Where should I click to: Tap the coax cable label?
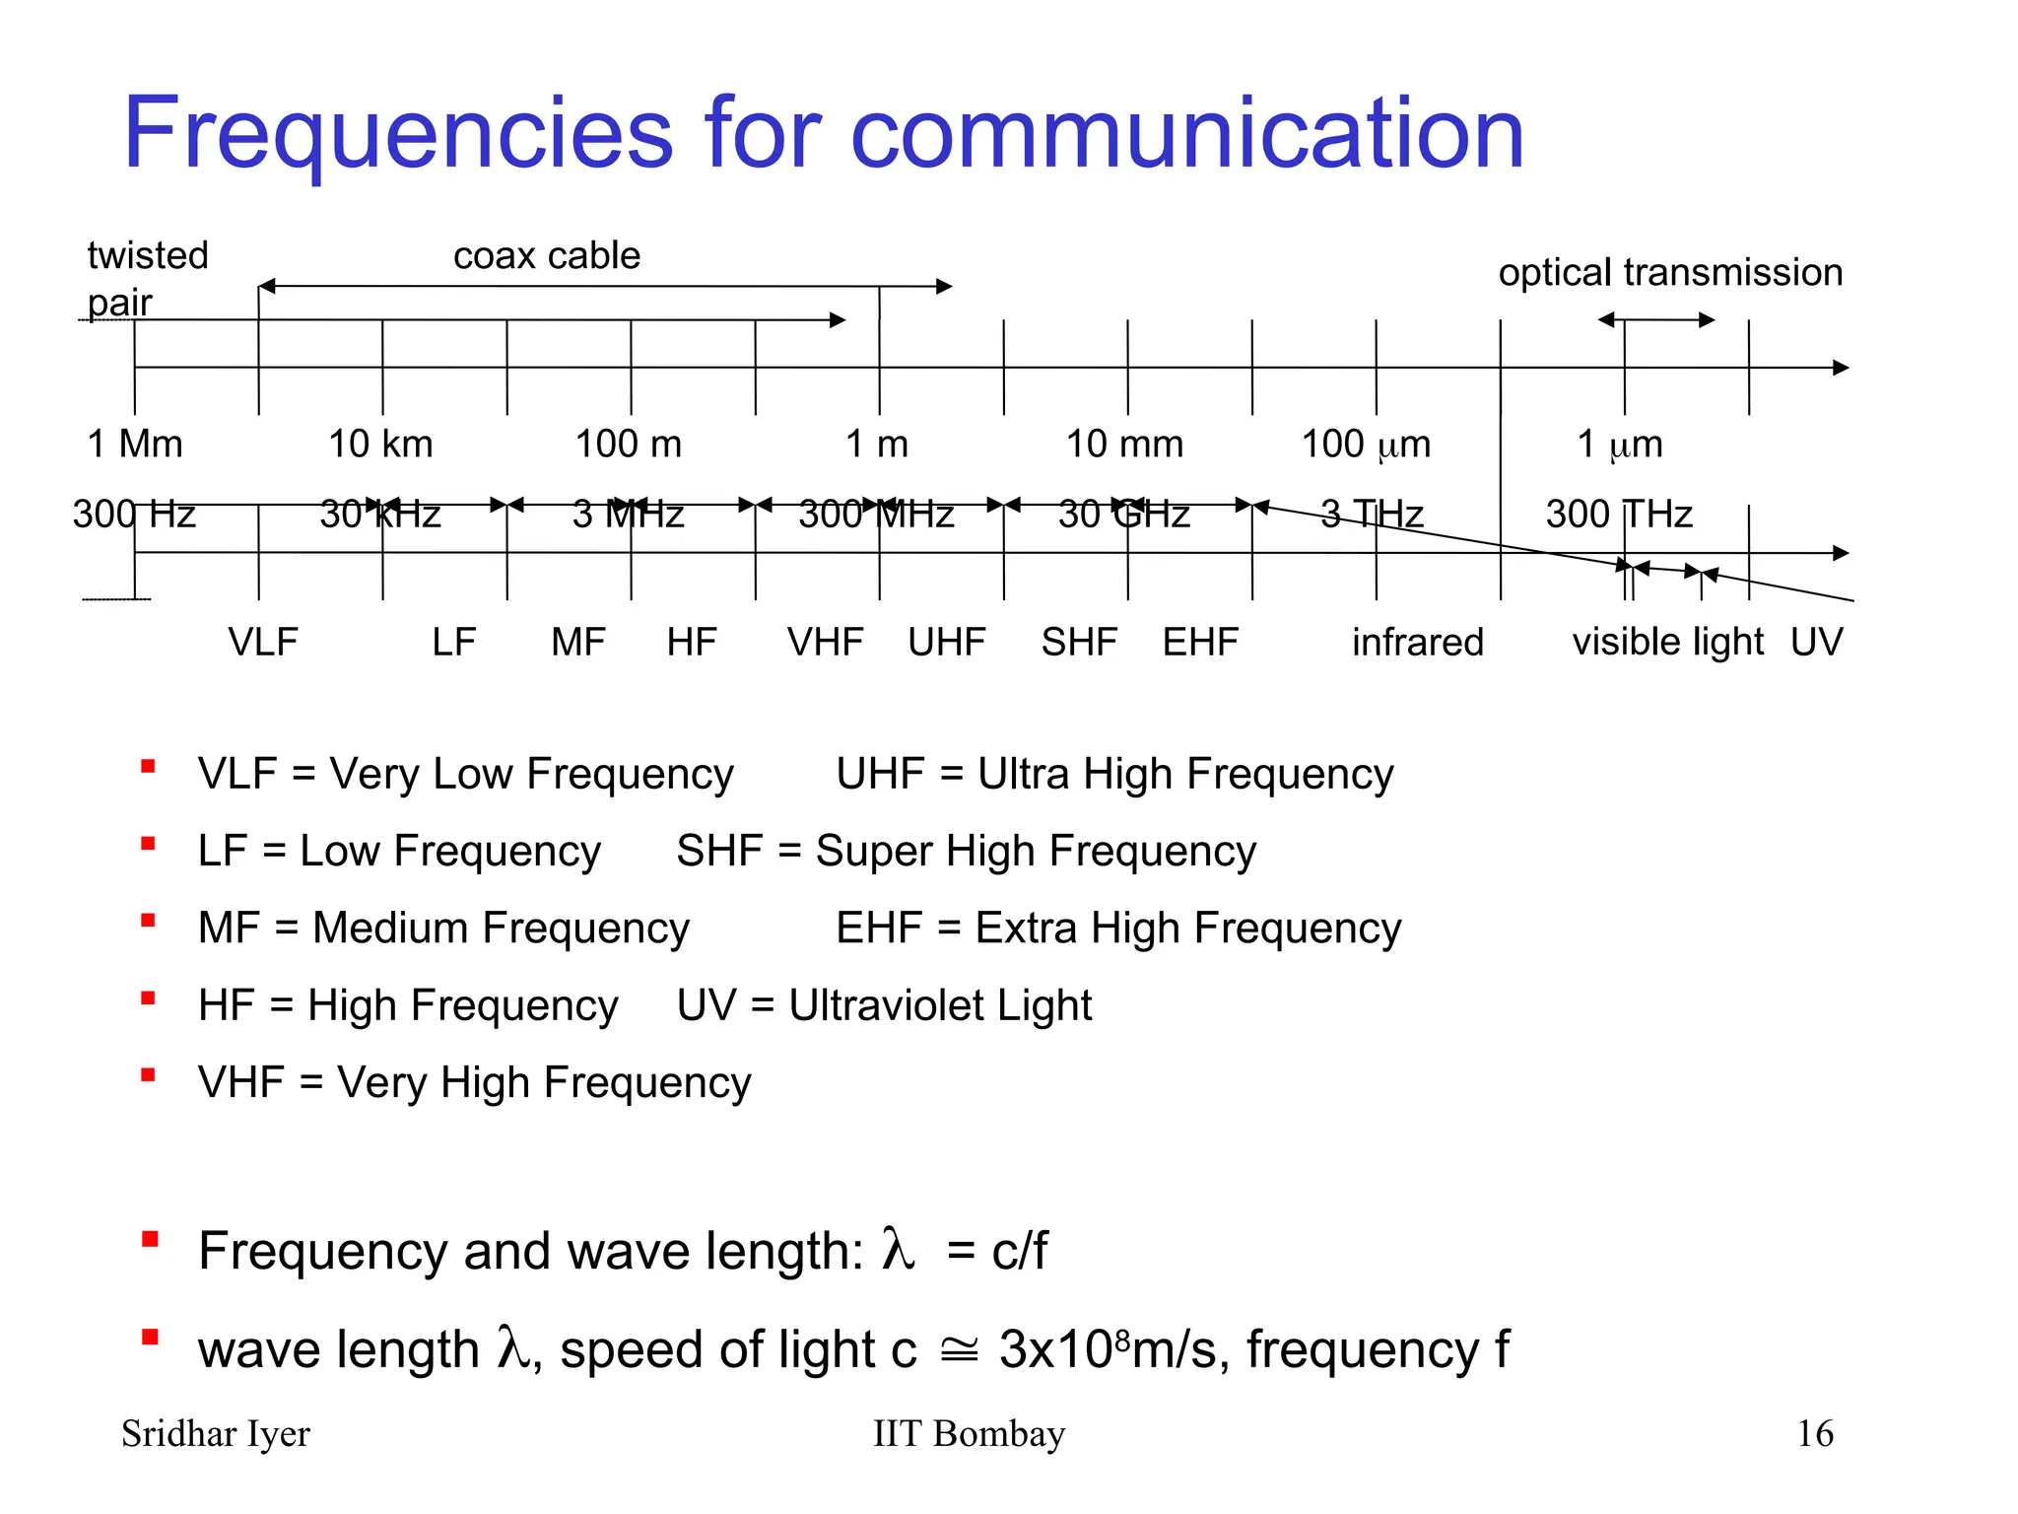[x=547, y=256]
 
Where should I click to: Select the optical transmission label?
[x=1670, y=272]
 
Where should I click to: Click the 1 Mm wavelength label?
[x=135, y=445]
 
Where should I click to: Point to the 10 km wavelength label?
[x=380, y=445]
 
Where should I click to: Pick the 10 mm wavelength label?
[x=1124, y=445]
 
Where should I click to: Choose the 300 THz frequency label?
[x=1618, y=515]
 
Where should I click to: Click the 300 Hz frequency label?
[x=134, y=515]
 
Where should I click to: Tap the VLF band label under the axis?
[x=263, y=643]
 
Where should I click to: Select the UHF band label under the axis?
[x=946, y=643]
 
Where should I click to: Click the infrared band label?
[x=1417, y=643]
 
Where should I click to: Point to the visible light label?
[x=1667, y=643]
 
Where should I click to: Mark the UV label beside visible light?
[x=1816, y=643]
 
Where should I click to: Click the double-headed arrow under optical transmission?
[x=1656, y=319]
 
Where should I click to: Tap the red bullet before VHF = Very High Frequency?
[x=149, y=1075]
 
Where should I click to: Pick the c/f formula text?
[x=1019, y=1251]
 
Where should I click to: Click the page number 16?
[x=1815, y=1433]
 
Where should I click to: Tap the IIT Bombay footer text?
[x=969, y=1433]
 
